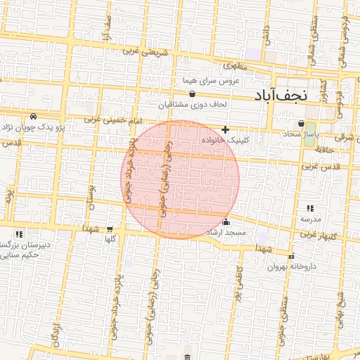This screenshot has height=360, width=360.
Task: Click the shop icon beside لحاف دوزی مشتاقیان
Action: (192, 93)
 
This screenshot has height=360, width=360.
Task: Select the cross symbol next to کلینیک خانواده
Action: (225, 129)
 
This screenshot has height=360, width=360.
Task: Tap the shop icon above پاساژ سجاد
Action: (302, 123)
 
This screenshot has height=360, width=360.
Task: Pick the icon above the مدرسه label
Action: (310, 209)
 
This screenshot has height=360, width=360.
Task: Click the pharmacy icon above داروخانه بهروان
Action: (292, 255)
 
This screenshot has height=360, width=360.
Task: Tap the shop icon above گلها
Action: (110, 229)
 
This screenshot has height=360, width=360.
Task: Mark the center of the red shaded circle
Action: (181, 179)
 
